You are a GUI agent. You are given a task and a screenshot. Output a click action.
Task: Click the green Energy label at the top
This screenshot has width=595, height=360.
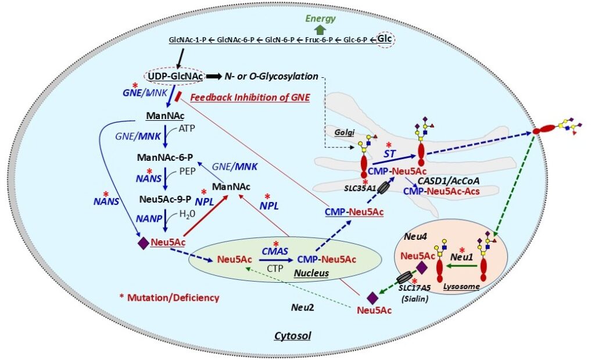[321, 19]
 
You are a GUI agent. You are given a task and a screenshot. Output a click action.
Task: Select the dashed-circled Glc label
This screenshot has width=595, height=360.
[385, 39]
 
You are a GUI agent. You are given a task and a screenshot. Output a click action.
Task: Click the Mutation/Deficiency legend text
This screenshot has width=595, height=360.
[169, 297]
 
